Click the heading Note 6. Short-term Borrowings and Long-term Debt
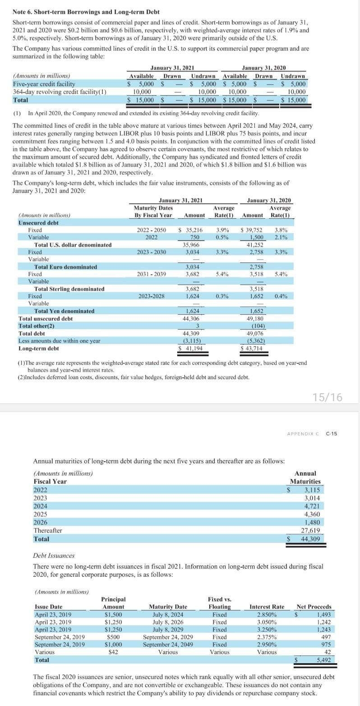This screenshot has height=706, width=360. tap(86, 12)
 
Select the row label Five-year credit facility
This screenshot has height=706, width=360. tap(44, 84)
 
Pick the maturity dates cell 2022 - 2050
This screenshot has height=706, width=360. tap(151, 230)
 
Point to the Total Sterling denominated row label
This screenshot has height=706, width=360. tap(69, 289)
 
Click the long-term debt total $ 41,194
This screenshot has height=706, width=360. tap(189, 348)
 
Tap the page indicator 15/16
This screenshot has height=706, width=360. tap(327, 397)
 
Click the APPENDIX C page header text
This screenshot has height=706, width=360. tap(303, 434)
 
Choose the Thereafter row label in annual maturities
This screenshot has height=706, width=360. tap(48, 531)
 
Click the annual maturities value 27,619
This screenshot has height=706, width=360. tap(310, 531)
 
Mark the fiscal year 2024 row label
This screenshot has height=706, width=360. tap(40, 506)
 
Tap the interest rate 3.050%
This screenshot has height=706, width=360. tap(267, 622)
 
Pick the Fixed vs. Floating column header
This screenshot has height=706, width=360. tap(219, 603)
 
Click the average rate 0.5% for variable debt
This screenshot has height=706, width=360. tap(221, 237)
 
